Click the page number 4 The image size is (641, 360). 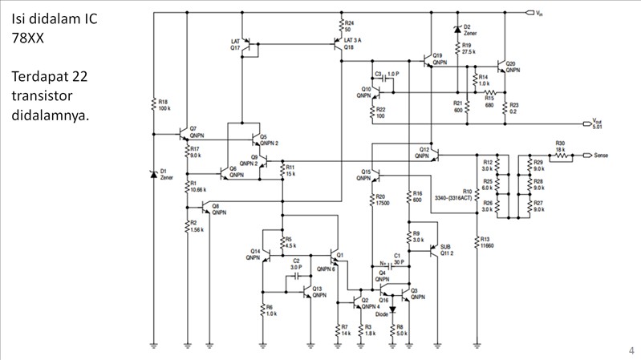coord(631,350)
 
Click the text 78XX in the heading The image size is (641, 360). coord(28,38)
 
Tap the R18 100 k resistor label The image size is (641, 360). coord(164,104)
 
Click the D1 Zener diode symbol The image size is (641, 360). coord(152,174)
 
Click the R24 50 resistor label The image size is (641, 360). coord(348,26)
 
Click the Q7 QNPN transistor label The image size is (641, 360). coord(197,132)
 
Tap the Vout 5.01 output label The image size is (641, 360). coord(597,123)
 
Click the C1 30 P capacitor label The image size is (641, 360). coord(398,257)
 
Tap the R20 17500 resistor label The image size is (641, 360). coord(383,200)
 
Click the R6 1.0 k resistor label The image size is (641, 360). coord(270,309)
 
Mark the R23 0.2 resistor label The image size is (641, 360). coord(514,108)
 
